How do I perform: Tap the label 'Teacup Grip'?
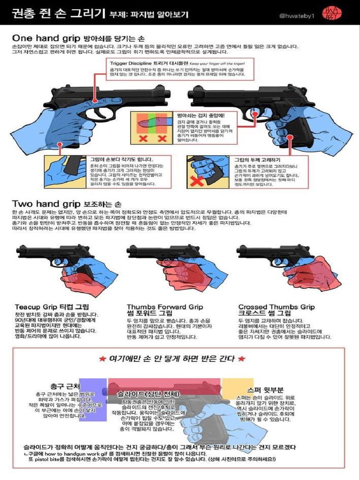(38, 307)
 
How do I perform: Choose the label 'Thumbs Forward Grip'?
(165, 307)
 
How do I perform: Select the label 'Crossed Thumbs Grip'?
(276, 307)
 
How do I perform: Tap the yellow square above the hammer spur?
(237, 387)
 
